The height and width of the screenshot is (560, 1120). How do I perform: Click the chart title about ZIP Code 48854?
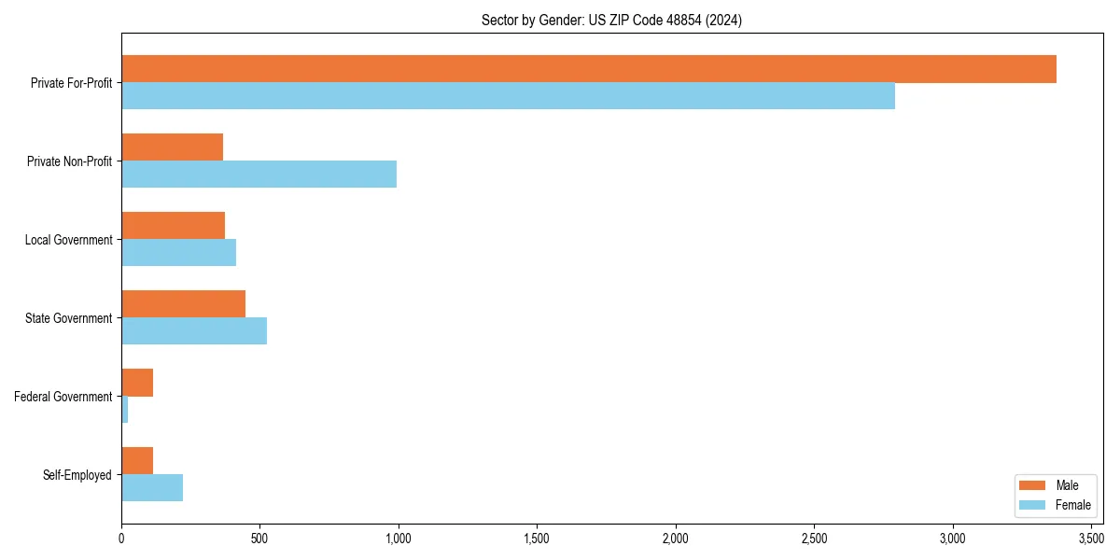[611, 21]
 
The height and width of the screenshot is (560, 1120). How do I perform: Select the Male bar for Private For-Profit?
[588, 69]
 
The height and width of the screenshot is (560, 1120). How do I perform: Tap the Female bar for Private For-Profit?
[508, 96]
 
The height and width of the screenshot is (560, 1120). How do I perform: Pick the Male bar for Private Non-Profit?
[172, 147]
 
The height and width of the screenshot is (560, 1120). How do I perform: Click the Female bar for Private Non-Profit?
[259, 175]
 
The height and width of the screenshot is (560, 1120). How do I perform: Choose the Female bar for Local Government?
[178, 253]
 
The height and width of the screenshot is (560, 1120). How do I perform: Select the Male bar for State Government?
[183, 304]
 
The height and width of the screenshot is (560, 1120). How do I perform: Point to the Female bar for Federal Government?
[124, 410]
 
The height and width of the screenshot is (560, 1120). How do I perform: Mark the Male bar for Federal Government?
[137, 383]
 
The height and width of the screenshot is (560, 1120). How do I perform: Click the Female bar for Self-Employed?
[152, 488]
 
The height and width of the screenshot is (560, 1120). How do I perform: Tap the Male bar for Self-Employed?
[137, 461]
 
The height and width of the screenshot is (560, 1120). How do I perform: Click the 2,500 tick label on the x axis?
[814, 539]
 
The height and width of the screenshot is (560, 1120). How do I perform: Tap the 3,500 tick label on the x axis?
[1091, 539]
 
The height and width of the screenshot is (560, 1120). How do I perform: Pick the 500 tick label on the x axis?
[259, 539]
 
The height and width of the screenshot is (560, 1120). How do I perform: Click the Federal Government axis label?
[63, 397]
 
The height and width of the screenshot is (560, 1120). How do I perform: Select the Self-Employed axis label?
[77, 475]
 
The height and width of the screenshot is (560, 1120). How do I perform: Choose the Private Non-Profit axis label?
[69, 161]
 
